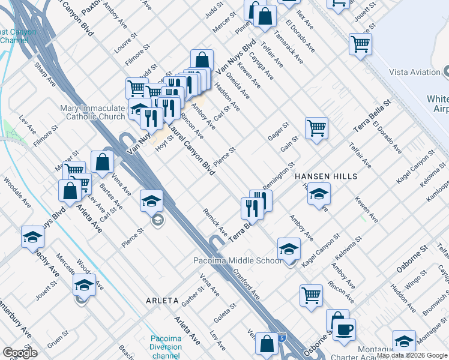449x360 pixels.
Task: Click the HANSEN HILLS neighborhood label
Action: click(326, 176)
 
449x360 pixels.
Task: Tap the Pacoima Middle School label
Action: click(237, 260)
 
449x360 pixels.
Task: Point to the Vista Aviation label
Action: click(415, 72)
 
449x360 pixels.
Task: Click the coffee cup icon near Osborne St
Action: click(344, 329)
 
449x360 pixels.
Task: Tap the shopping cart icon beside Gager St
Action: click(316, 128)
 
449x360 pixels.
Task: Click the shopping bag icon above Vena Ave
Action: click(103, 161)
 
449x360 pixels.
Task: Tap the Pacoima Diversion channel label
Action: click(166, 347)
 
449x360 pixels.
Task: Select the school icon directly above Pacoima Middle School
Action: click(289, 248)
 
